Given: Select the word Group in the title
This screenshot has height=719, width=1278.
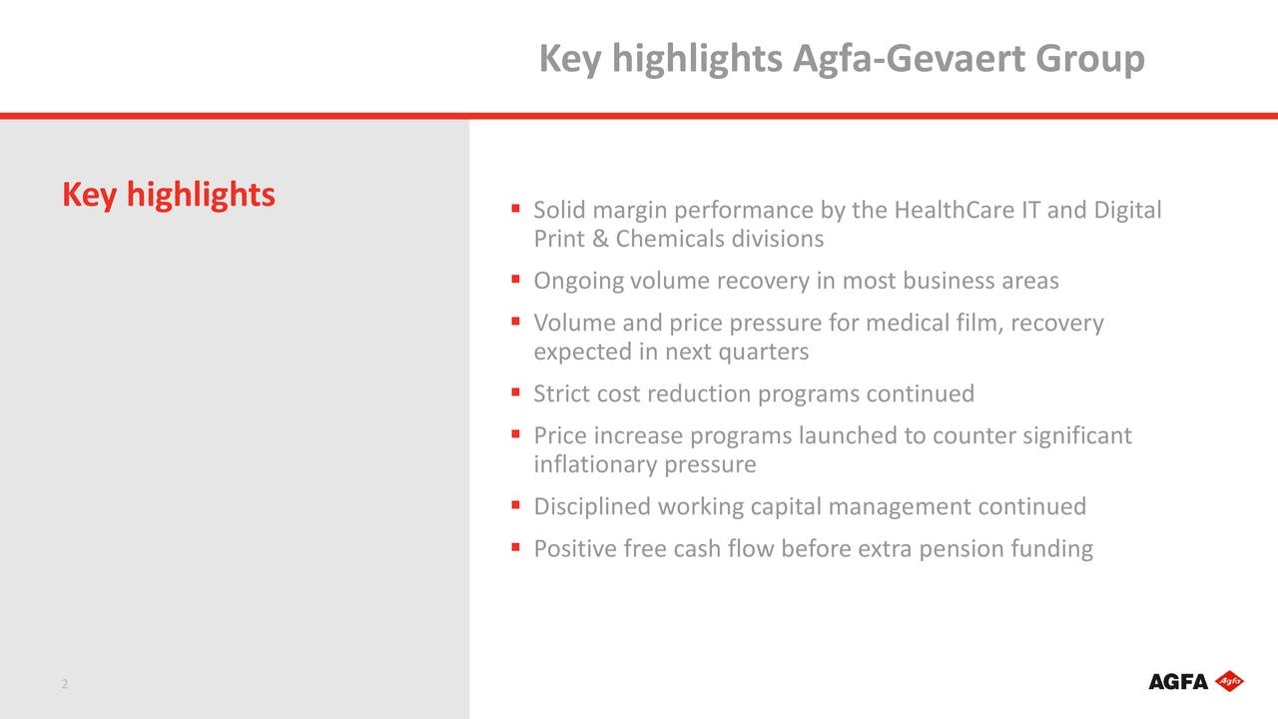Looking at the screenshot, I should click(x=1089, y=59).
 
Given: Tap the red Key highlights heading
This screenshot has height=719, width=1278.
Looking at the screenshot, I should click(x=169, y=194).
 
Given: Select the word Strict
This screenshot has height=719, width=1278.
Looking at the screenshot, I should click(x=561, y=393).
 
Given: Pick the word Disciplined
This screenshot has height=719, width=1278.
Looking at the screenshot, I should click(x=592, y=506).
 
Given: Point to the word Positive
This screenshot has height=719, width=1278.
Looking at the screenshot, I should click(x=575, y=548).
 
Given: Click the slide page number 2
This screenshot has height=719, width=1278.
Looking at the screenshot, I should click(x=64, y=684).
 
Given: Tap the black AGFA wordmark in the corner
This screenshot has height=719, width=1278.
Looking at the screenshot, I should click(x=1178, y=682).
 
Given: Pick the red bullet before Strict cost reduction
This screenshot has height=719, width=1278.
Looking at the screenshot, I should click(x=515, y=391).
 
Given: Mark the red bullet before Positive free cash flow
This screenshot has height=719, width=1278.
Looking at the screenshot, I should click(x=515, y=546).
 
